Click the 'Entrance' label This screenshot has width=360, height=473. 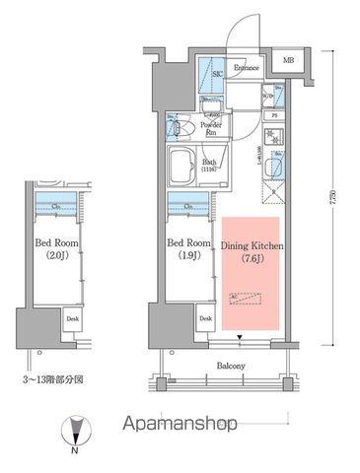tap(247, 68)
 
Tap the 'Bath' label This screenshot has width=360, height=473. tap(209, 163)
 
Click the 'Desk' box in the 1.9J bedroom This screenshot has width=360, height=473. tap(205, 318)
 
